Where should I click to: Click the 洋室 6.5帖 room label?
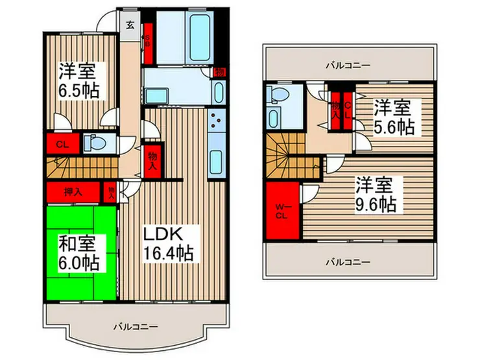(x=81, y=80)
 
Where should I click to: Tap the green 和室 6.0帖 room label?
(x=79, y=254)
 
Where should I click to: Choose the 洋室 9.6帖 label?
(x=375, y=194)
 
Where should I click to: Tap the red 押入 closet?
(x=73, y=192)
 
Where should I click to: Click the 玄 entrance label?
(x=130, y=26)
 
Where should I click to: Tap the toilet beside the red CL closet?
(x=93, y=141)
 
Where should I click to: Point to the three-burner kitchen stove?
(x=216, y=120)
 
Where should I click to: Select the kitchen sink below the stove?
(x=216, y=160)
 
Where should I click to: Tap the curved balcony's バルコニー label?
(x=135, y=326)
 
